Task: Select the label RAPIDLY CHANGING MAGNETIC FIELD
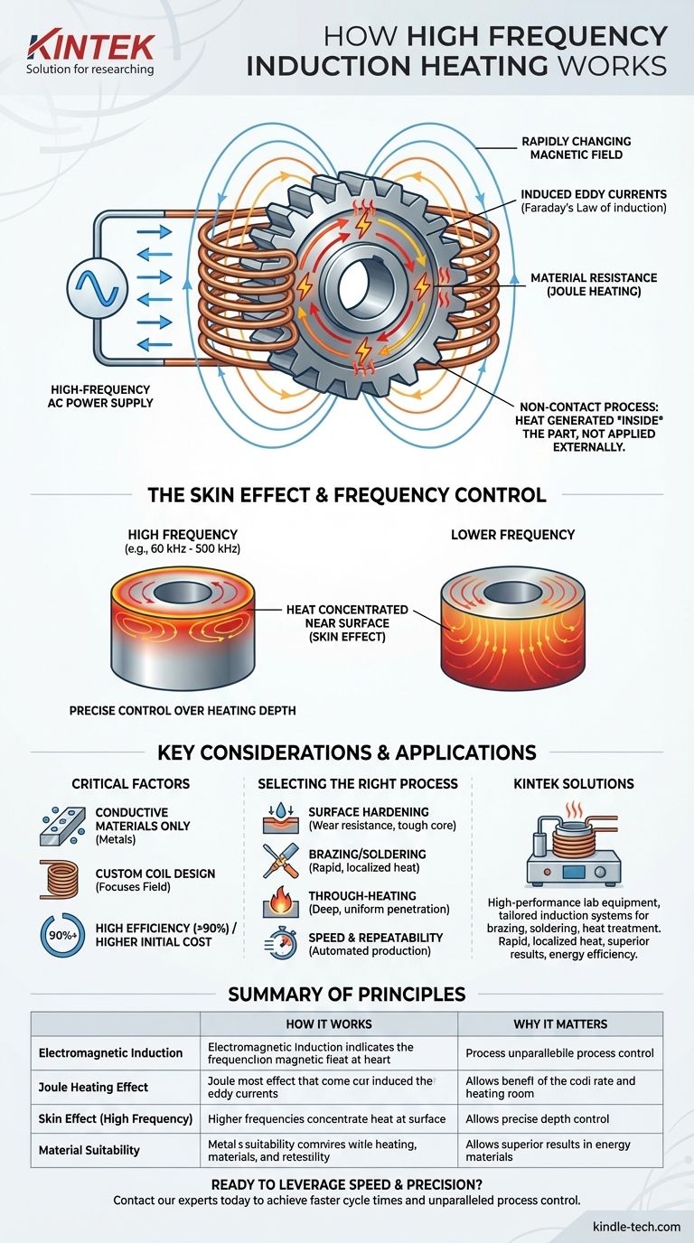(x=576, y=148)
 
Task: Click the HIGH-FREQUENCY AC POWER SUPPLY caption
(x=101, y=395)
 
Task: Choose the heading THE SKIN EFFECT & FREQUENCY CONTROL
(x=347, y=494)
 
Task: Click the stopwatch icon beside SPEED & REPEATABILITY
(x=277, y=944)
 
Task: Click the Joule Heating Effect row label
(x=93, y=1087)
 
